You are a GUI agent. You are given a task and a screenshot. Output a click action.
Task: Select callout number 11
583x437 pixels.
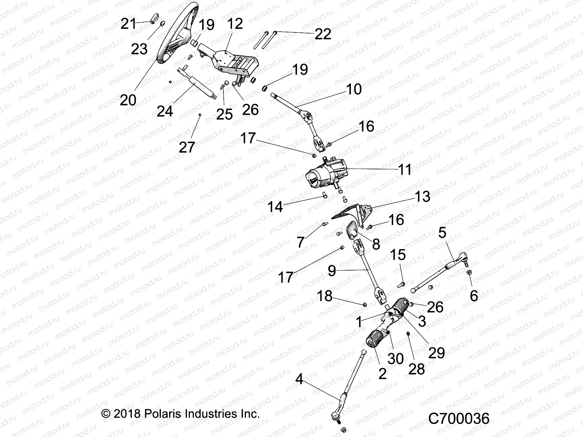(404, 170)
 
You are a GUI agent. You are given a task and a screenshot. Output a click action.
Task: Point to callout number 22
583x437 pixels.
(323, 34)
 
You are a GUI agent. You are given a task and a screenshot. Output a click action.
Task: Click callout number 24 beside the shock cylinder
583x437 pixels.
(165, 111)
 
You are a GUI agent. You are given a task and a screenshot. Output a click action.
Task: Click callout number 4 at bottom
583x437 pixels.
(299, 380)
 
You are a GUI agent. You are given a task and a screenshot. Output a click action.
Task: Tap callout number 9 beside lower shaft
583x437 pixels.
(332, 271)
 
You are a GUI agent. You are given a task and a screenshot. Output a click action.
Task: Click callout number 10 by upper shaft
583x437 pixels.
(353, 89)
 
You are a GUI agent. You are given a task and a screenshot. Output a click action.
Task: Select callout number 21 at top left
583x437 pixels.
(128, 24)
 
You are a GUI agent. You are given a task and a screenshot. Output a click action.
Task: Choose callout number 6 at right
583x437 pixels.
(473, 296)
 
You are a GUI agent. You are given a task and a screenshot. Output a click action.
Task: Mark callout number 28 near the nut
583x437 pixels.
(416, 369)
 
